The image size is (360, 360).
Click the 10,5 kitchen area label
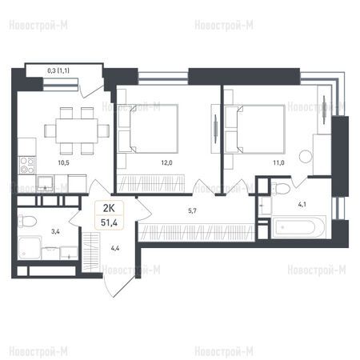tap(63, 162)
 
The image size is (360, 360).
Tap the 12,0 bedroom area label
tap(166, 162)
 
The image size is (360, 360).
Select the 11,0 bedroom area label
tap(278, 162)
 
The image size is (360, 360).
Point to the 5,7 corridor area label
tap(192, 211)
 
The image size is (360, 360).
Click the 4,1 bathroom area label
tap(302, 205)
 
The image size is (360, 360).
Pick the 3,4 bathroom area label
tap(55, 231)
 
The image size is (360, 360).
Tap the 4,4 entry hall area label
tap(115, 248)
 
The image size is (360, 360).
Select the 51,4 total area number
tap(109, 222)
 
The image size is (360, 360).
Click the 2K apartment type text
tap(109, 208)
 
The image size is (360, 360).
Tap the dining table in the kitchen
tap(77, 131)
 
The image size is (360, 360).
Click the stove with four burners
tap(27, 166)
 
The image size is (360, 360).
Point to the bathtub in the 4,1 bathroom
tap(298, 227)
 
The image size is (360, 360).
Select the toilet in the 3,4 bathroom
tap(26, 221)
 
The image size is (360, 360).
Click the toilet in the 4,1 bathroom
tap(281, 189)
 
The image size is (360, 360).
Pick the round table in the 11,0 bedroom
tap(306, 157)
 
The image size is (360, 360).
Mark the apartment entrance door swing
tap(118, 286)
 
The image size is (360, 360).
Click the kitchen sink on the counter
tap(45, 182)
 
